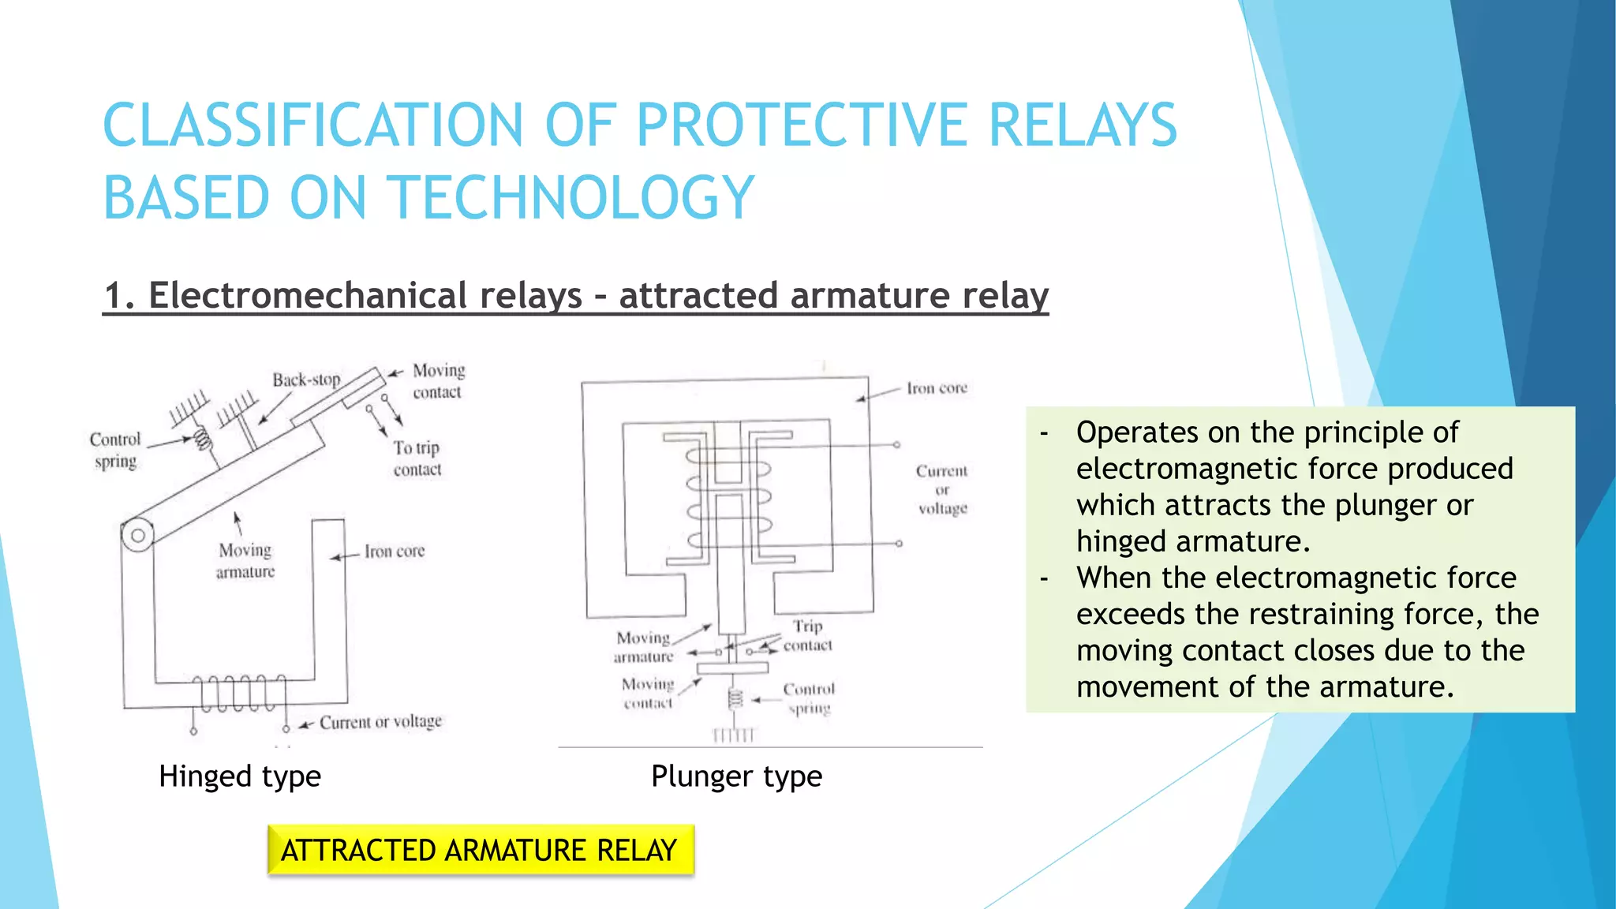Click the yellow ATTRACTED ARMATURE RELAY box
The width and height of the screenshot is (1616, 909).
point(480,850)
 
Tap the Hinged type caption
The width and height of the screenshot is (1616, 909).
point(240,776)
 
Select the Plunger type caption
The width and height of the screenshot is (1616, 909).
point(736,776)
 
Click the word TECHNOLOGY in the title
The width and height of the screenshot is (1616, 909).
point(572,197)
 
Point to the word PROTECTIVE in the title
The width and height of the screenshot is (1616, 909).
point(802,125)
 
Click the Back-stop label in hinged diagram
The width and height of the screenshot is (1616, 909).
point(306,380)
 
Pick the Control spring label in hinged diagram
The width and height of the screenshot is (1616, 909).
point(115,450)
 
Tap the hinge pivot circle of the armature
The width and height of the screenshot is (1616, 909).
point(138,536)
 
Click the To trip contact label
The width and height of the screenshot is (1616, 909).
point(417,458)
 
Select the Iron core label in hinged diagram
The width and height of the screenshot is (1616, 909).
point(394,552)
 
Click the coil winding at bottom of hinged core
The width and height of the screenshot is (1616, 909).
point(239,693)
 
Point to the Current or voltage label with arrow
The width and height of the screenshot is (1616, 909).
point(380,722)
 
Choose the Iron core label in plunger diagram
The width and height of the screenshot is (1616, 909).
point(937,388)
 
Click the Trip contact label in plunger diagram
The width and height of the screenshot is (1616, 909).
point(807,635)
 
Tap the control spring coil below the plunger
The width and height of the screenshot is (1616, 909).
point(735,698)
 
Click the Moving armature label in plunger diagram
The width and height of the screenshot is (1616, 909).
point(644,646)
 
